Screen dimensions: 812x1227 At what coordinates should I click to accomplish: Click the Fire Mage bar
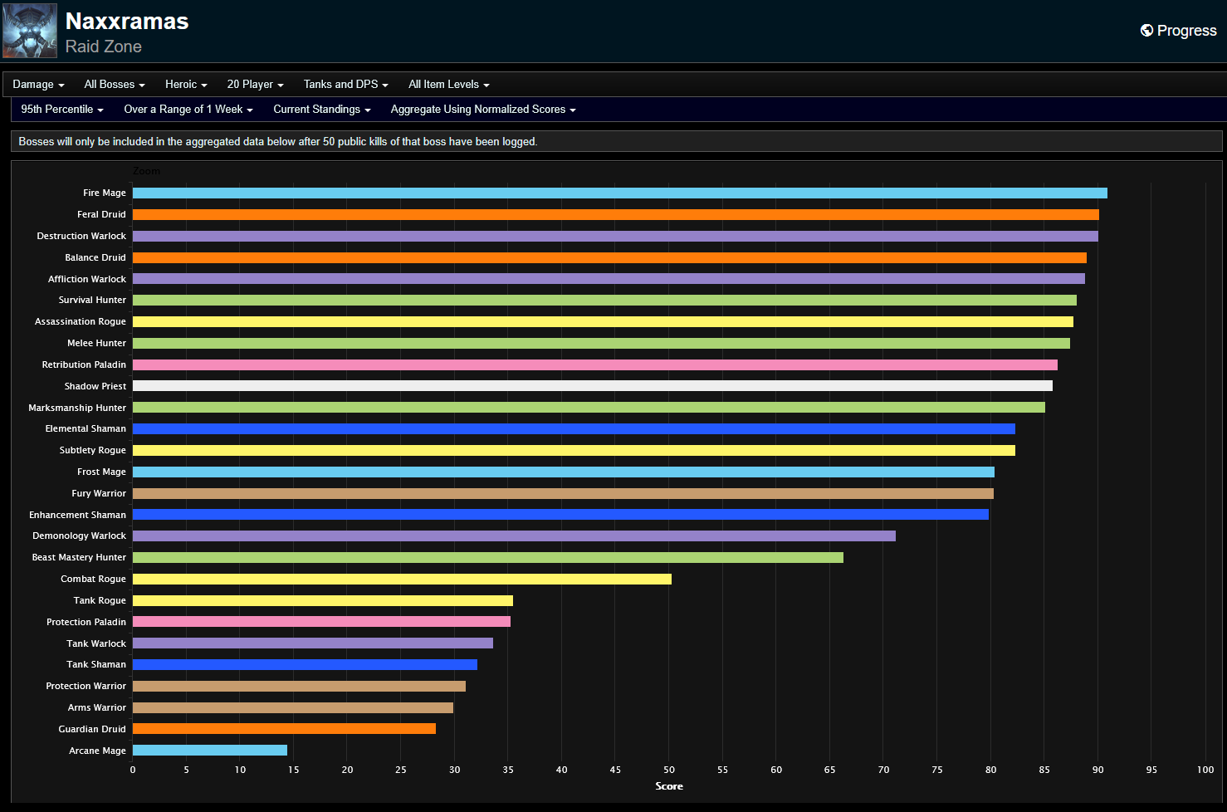click(619, 193)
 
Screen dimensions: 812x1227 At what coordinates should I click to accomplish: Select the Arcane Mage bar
click(210, 751)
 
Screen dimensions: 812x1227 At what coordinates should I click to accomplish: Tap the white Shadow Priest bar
click(592, 386)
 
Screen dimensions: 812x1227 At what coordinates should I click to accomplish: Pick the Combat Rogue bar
click(402, 579)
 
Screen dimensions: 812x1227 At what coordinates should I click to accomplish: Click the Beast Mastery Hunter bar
click(487, 557)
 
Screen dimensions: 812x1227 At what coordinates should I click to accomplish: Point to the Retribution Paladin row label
click(84, 364)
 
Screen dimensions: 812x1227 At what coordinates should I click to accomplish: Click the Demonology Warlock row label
click(79, 536)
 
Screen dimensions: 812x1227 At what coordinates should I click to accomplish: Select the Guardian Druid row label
click(92, 729)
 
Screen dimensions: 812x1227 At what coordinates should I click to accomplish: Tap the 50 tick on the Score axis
click(669, 770)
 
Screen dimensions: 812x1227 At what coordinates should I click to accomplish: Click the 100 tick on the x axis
click(1205, 770)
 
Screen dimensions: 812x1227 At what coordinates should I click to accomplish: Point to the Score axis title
click(669, 786)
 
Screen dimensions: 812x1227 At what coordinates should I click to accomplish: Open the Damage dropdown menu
click(38, 85)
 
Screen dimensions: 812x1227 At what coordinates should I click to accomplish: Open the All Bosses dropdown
click(115, 85)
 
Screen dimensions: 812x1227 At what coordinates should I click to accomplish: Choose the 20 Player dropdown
click(255, 85)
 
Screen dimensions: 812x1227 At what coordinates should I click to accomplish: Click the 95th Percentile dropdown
click(62, 110)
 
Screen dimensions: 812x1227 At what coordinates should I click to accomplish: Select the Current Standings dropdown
click(321, 110)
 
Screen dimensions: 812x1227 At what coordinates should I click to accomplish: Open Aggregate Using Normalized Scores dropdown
click(482, 110)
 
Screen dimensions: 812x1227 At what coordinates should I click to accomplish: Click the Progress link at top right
click(1178, 31)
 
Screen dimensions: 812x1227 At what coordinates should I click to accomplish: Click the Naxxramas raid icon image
click(30, 31)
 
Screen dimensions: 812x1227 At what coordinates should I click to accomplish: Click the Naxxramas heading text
click(127, 22)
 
